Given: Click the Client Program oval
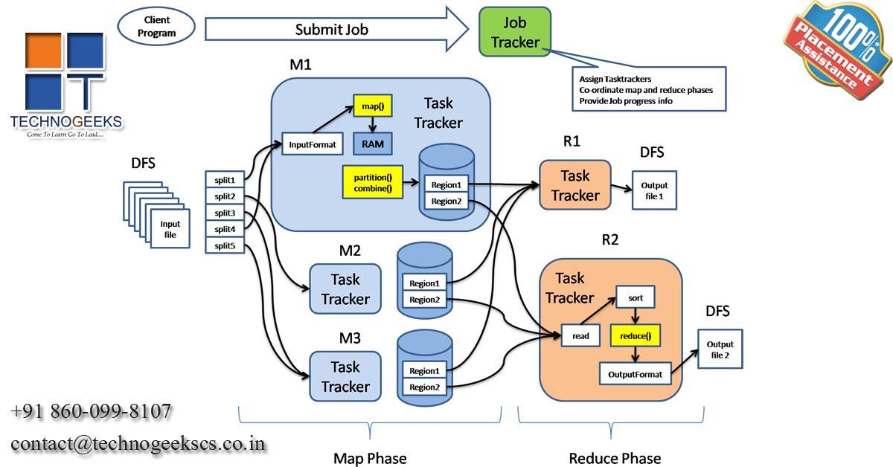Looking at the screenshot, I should click(x=156, y=28).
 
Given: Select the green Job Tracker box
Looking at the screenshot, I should click(x=515, y=33).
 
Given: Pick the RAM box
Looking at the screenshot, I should click(x=372, y=144).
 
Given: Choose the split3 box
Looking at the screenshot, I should click(x=225, y=213).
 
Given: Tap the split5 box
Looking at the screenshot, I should click(x=225, y=245).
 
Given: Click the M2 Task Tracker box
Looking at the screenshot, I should click(x=345, y=289).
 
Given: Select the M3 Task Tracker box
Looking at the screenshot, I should click(x=345, y=376).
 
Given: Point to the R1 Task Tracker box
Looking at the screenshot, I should click(x=574, y=185).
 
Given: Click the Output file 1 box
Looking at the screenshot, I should click(x=655, y=190).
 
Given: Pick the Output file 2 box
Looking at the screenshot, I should click(x=720, y=350).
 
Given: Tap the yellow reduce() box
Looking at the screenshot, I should click(x=635, y=336).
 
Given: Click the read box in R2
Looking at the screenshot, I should click(x=581, y=336).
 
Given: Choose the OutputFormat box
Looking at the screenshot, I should click(x=635, y=374).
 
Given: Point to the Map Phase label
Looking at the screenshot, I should click(x=370, y=458).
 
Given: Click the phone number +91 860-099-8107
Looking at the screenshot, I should click(x=91, y=411).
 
